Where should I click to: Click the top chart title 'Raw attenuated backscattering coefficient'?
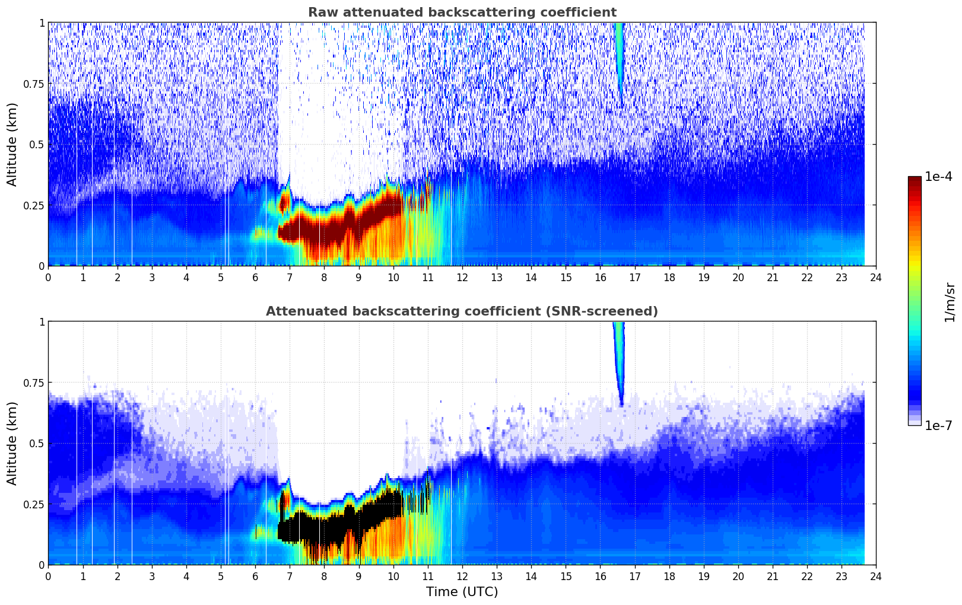pyautogui.click(x=462, y=12)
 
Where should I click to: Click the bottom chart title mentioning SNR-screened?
pyautogui.click(x=462, y=311)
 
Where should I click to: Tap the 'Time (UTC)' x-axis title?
pyautogui.click(x=462, y=592)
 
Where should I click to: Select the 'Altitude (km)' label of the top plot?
pyautogui.click(x=12, y=144)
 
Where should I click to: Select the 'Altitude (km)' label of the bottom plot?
pyautogui.click(x=12, y=443)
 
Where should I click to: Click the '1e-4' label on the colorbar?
pyautogui.click(x=939, y=177)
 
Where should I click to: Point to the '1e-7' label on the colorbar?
pyautogui.click(x=939, y=425)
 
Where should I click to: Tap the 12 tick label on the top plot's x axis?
pyautogui.click(x=462, y=277)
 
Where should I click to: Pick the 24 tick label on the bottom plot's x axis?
pyautogui.click(x=876, y=576)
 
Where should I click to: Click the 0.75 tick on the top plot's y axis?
pyautogui.click(x=33, y=84)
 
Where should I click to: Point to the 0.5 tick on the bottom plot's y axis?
pyautogui.click(x=37, y=443)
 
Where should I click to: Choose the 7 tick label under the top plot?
pyautogui.click(x=290, y=277)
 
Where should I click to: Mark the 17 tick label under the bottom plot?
pyautogui.click(x=635, y=576)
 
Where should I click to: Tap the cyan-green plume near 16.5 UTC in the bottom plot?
pyautogui.click(x=619, y=356)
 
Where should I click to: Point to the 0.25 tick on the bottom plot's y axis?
pyautogui.click(x=33, y=504)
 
